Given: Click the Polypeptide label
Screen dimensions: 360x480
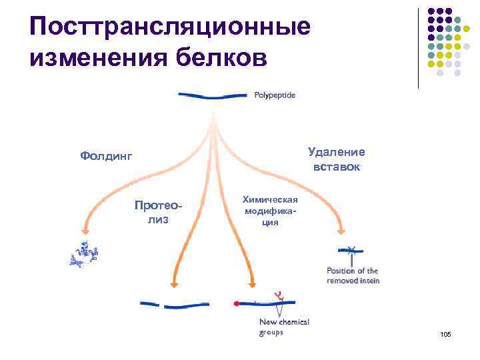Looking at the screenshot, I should [x=274, y=95].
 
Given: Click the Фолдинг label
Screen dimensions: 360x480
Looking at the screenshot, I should [x=106, y=156].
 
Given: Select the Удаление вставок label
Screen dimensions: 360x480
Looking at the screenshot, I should [x=336, y=159].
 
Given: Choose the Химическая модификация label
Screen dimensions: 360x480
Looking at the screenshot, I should [x=269, y=210].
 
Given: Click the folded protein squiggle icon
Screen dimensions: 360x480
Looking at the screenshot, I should [x=84, y=254].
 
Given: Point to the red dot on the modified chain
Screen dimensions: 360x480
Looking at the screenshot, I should [x=236, y=304].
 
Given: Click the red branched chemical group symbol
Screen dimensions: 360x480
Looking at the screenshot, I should [x=278, y=295].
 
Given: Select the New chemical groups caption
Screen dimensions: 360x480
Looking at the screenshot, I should [x=283, y=327].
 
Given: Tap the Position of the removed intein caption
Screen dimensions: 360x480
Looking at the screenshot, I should [x=353, y=275].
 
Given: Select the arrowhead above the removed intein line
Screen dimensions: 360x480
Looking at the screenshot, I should [x=342, y=231].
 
